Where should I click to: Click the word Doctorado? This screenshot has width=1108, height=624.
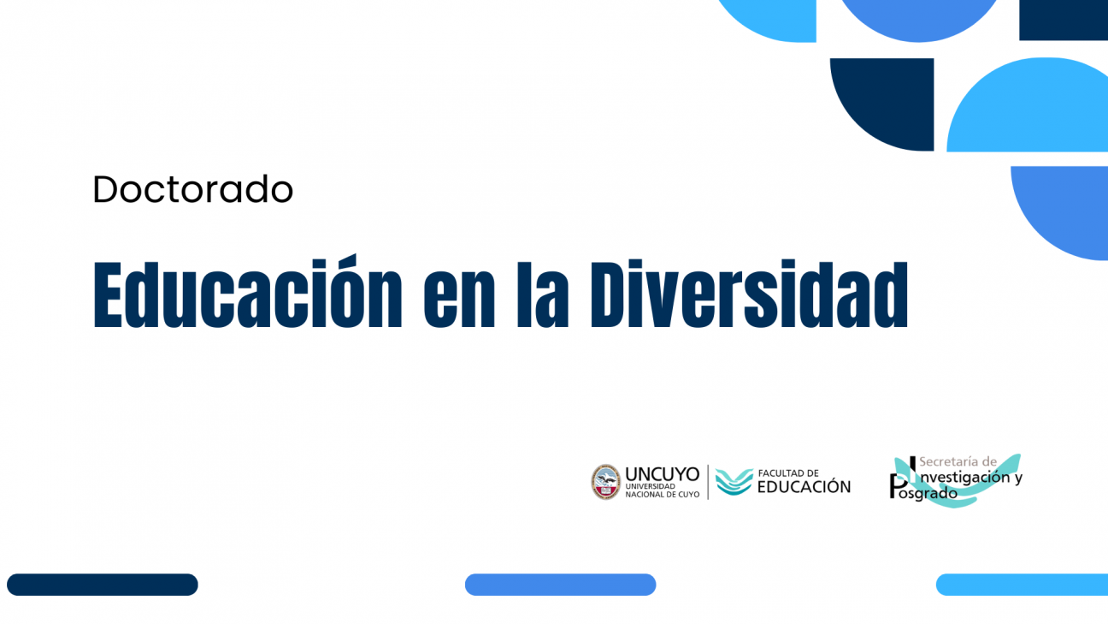coord(192,189)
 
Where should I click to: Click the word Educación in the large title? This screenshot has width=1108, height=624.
coord(247,294)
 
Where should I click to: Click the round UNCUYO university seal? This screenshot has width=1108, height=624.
coord(605,482)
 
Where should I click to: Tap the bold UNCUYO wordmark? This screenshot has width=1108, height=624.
coord(662,473)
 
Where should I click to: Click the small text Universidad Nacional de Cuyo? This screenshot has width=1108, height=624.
coord(662,490)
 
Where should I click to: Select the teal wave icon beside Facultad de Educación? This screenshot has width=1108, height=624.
coord(734,482)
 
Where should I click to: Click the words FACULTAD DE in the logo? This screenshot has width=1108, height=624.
coord(788,472)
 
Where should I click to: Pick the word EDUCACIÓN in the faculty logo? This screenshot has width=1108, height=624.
coord(804,487)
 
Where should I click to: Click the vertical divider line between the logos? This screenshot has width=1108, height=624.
coord(708,482)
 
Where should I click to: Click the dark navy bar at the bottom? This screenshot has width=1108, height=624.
coord(103,585)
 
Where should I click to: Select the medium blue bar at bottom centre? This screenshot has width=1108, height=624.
coord(560,585)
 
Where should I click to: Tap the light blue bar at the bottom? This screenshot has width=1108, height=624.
coord(1022,585)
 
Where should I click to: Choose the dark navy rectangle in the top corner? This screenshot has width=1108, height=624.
coord(1063,19)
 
